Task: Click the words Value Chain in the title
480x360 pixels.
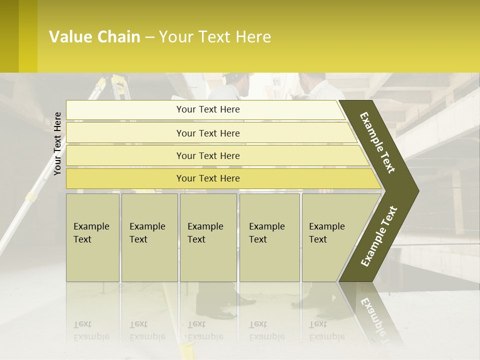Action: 94,37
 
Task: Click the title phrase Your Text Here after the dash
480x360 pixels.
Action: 215,37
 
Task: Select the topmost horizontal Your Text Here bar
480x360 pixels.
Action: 208,109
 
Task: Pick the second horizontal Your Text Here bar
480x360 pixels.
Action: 208,133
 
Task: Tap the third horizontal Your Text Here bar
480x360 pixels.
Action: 208,155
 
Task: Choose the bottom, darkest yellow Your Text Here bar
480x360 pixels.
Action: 208,178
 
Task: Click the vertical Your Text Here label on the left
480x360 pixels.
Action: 57,143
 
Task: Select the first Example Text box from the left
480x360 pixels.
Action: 92,237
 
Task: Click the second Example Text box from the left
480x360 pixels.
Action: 149,237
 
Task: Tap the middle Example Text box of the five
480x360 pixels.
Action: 208,237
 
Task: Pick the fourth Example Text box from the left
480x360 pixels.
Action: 269,237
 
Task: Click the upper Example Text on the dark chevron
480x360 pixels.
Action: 378,142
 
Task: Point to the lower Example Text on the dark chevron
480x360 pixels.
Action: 379,236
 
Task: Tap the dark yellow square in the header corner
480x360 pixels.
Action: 9,36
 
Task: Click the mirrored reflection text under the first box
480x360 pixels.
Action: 91,330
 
